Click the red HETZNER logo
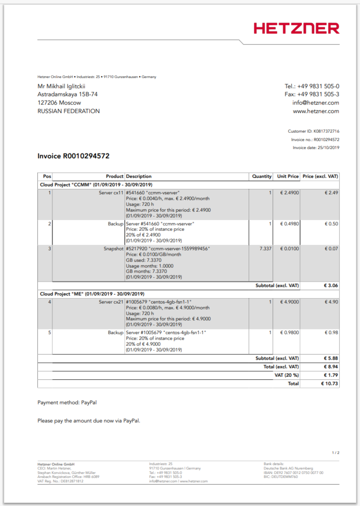pos(297,28)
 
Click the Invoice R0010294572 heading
pos(73,156)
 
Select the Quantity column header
pos(261,176)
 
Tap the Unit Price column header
pos(288,176)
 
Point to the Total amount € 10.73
pos(330,383)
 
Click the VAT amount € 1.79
pos(332,375)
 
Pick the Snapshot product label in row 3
pos(113,249)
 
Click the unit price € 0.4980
pos(289,224)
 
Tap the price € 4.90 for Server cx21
pos(332,302)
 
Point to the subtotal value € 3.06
pos(332,285)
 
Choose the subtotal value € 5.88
pos(332,358)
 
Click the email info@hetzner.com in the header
pos(316,103)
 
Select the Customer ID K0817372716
pos(326,131)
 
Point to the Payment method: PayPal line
pos(67,403)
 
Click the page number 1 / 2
pos(336,453)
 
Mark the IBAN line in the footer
pos(293,473)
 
